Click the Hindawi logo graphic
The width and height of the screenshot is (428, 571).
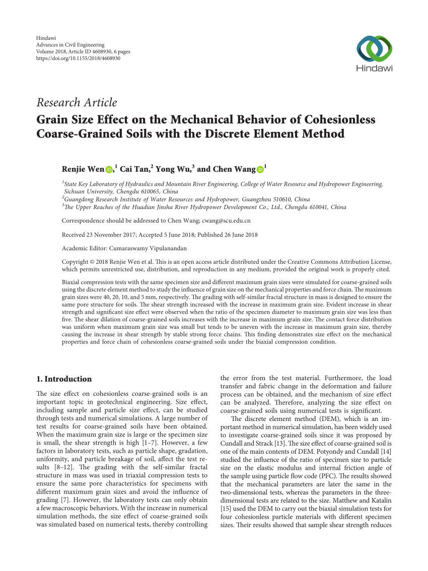pyautogui.click(x=374, y=49)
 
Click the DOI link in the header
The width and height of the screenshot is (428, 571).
pyautogui.click(x=79, y=58)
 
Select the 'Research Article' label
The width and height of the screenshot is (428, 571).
pyautogui.click(x=77, y=103)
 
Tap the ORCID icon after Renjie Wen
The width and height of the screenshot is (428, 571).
pyautogui.click(x=109, y=170)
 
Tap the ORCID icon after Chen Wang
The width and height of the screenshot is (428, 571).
pyautogui.click(x=260, y=170)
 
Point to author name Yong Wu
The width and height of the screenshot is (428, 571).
pyautogui.click(x=173, y=169)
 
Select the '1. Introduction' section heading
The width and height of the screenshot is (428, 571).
pyautogui.click(x=64, y=379)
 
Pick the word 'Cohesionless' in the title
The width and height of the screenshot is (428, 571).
pyautogui.click(x=328, y=120)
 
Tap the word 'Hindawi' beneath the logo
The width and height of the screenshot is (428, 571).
pyautogui.click(x=374, y=68)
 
